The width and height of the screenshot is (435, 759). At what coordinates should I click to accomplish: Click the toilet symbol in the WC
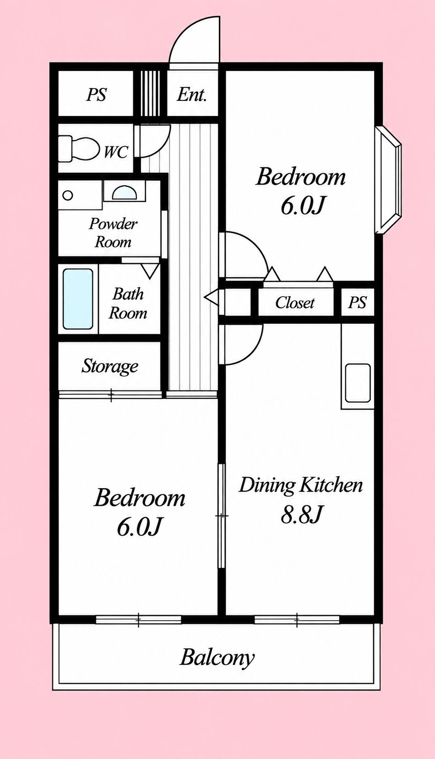point(79,149)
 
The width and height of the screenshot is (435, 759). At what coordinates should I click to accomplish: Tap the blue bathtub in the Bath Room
point(78,298)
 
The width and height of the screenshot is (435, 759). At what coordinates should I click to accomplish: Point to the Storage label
point(110,366)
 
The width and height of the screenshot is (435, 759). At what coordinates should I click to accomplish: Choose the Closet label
point(295,302)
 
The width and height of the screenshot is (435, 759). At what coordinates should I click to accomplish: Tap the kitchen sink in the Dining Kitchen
point(358,383)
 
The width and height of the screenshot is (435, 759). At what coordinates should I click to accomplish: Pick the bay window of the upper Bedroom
point(388,180)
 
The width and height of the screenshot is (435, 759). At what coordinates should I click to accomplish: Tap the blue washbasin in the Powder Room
point(124,193)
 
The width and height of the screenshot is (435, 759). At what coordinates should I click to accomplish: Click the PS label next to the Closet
point(358,302)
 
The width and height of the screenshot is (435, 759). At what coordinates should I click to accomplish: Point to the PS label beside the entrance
point(97,94)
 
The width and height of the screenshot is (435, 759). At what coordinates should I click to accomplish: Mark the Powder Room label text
point(113,233)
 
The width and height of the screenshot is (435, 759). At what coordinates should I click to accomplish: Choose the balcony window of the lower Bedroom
point(138,620)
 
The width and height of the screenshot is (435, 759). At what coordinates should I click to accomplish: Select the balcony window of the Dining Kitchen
point(297,620)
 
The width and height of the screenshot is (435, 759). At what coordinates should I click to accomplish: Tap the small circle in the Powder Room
point(68,196)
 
